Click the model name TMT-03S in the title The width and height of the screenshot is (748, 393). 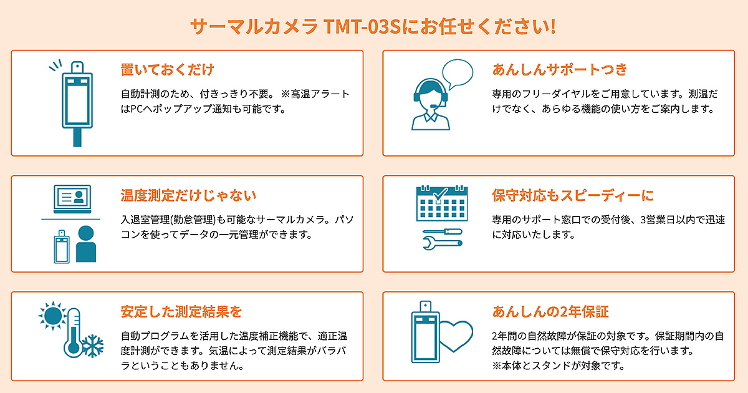(362, 26)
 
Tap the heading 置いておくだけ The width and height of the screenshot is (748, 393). (167, 69)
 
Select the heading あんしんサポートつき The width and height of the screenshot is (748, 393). (560, 69)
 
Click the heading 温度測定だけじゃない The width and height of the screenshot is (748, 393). (188, 195)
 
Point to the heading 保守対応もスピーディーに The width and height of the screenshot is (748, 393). (573, 195)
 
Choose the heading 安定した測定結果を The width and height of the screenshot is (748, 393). (181, 311)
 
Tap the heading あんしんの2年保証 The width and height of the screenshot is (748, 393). (550, 311)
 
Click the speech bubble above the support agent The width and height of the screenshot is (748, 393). (458, 74)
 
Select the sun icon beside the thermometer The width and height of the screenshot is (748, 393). (52, 316)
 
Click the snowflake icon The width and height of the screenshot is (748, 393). (93, 346)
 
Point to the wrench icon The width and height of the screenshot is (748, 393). (443, 243)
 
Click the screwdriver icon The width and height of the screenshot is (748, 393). (443, 231)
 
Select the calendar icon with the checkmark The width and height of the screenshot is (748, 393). (442, 203)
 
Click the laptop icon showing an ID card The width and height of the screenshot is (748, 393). (72, 199)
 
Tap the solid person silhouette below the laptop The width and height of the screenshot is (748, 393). (86, 244)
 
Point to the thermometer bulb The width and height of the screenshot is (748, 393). (73, 349)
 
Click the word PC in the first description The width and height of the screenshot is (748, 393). (137, 109)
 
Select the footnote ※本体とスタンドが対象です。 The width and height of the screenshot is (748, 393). (559, 366)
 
